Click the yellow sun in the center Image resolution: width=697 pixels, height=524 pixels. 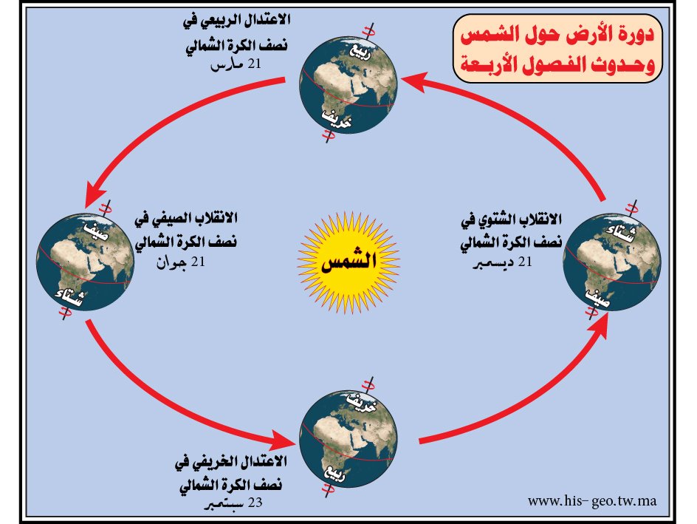coord(348,262)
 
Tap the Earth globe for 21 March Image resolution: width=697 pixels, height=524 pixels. coord(348,85)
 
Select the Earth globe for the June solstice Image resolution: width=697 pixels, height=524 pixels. coord(86,262)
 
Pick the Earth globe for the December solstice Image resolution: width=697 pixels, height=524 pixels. coord(611,262)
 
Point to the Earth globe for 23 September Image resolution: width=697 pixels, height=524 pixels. coord(348,439)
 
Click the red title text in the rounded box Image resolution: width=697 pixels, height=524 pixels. coord(557,49)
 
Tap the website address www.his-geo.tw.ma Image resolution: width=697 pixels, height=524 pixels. coord(592,501)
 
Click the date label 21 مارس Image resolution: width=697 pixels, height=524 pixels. coord(236,64)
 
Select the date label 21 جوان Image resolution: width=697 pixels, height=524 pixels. coord(180,262)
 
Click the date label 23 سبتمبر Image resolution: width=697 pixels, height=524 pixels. coord(234,503)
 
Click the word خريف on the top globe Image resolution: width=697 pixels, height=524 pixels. coord(337,118)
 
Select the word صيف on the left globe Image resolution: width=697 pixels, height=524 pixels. coord(97,231)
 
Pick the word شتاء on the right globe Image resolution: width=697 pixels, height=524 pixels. coord(620,233)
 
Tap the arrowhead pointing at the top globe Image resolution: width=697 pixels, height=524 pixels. coord(413,81)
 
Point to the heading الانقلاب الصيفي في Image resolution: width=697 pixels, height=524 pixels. coord(186,219)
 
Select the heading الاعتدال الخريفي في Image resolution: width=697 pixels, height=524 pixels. coord(231,462)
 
